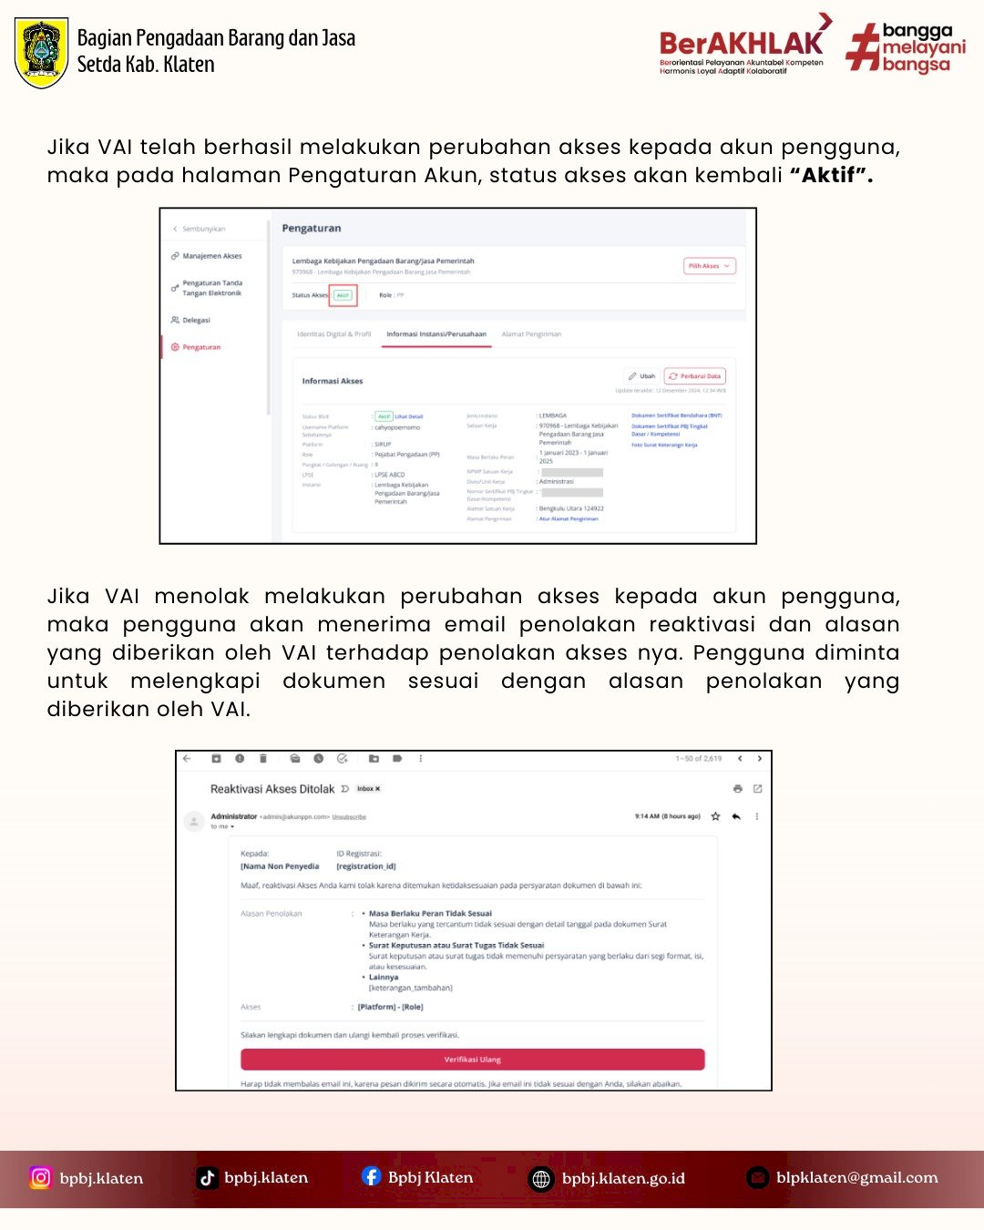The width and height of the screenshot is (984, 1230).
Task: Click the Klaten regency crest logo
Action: [x=42, y=53]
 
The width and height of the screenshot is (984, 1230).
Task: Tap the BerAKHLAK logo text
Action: [x=740, y=44]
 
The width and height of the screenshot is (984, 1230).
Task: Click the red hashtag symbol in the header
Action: [x=861, y=48]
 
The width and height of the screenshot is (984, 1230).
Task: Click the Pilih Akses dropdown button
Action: [x=709, y=266]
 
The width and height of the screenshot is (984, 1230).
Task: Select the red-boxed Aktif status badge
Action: [x=343, y=295]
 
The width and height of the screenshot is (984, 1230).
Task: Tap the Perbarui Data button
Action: [x=694, y=375]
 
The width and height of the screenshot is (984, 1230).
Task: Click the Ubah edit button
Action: [x=642, y=375]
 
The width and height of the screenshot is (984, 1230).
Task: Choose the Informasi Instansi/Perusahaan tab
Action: [x=436, y=334]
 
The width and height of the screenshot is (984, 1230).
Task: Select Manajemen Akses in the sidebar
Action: [x=211, y=256]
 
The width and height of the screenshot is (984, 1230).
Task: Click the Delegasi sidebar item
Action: [x=196, y=320]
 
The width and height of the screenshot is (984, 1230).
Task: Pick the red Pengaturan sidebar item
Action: [x=200, y=347]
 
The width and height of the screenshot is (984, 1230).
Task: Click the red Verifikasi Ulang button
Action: [x=472, y=1060]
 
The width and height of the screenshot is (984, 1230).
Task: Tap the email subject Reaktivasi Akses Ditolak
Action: [x=272, y=789]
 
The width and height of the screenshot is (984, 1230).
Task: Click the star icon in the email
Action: [x=715, y=816]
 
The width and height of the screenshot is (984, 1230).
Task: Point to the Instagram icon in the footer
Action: [x=41, y=1177]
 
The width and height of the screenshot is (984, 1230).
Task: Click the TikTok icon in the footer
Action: [x=208, y=1177]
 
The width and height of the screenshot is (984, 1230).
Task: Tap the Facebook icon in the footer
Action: [x=371, y=1176]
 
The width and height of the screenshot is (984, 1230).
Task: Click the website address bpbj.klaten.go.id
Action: [x=623, y=1178]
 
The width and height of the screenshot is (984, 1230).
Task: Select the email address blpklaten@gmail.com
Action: [x=856, y=1177]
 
